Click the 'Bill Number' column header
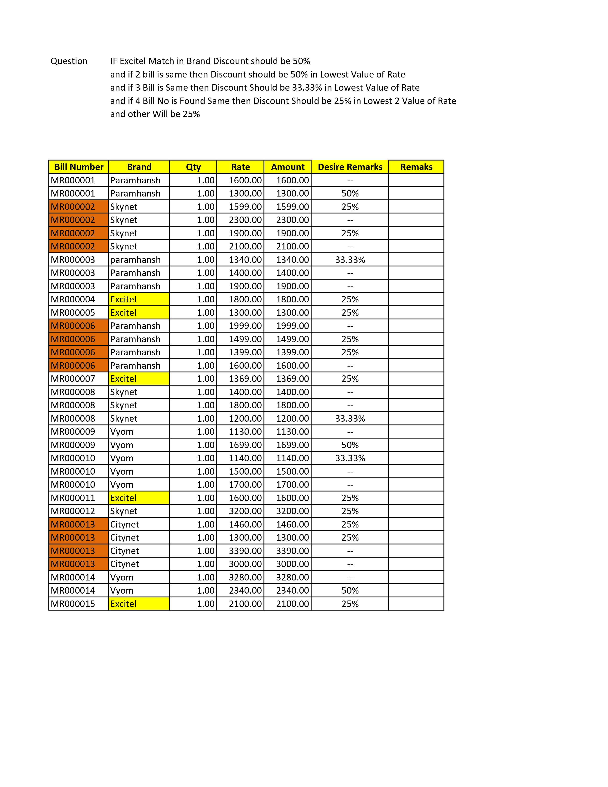click(x=78, y=167)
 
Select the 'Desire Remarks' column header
click(x=350, y=167)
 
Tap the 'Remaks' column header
click(x=416, y=167)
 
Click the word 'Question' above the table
click(x=69, y=61)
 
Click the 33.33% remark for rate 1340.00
click(x=350, y=260)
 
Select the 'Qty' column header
click(x=193, y=167)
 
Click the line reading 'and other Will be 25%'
click(x=155, y=114)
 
